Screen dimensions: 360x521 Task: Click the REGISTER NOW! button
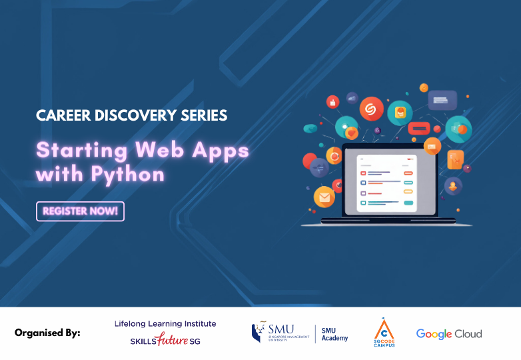(x=80, y=211)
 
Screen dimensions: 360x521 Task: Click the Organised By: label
(x=47, y=333)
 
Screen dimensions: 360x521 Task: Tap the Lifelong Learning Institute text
(x=165, y=323)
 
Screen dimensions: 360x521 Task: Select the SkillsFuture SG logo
(x=165, y=341)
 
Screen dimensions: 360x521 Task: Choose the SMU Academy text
(x=334, y=334)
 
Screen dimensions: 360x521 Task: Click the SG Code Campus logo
(x=384, y=332)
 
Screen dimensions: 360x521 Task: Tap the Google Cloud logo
(x=449, y=333)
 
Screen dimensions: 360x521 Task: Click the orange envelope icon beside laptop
(x=324, y=197)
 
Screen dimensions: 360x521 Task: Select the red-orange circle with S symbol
(x=371, y=108)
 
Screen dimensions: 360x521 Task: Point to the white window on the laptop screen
(x=386, y=183)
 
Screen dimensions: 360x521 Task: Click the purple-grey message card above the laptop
(x=442, y=100)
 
